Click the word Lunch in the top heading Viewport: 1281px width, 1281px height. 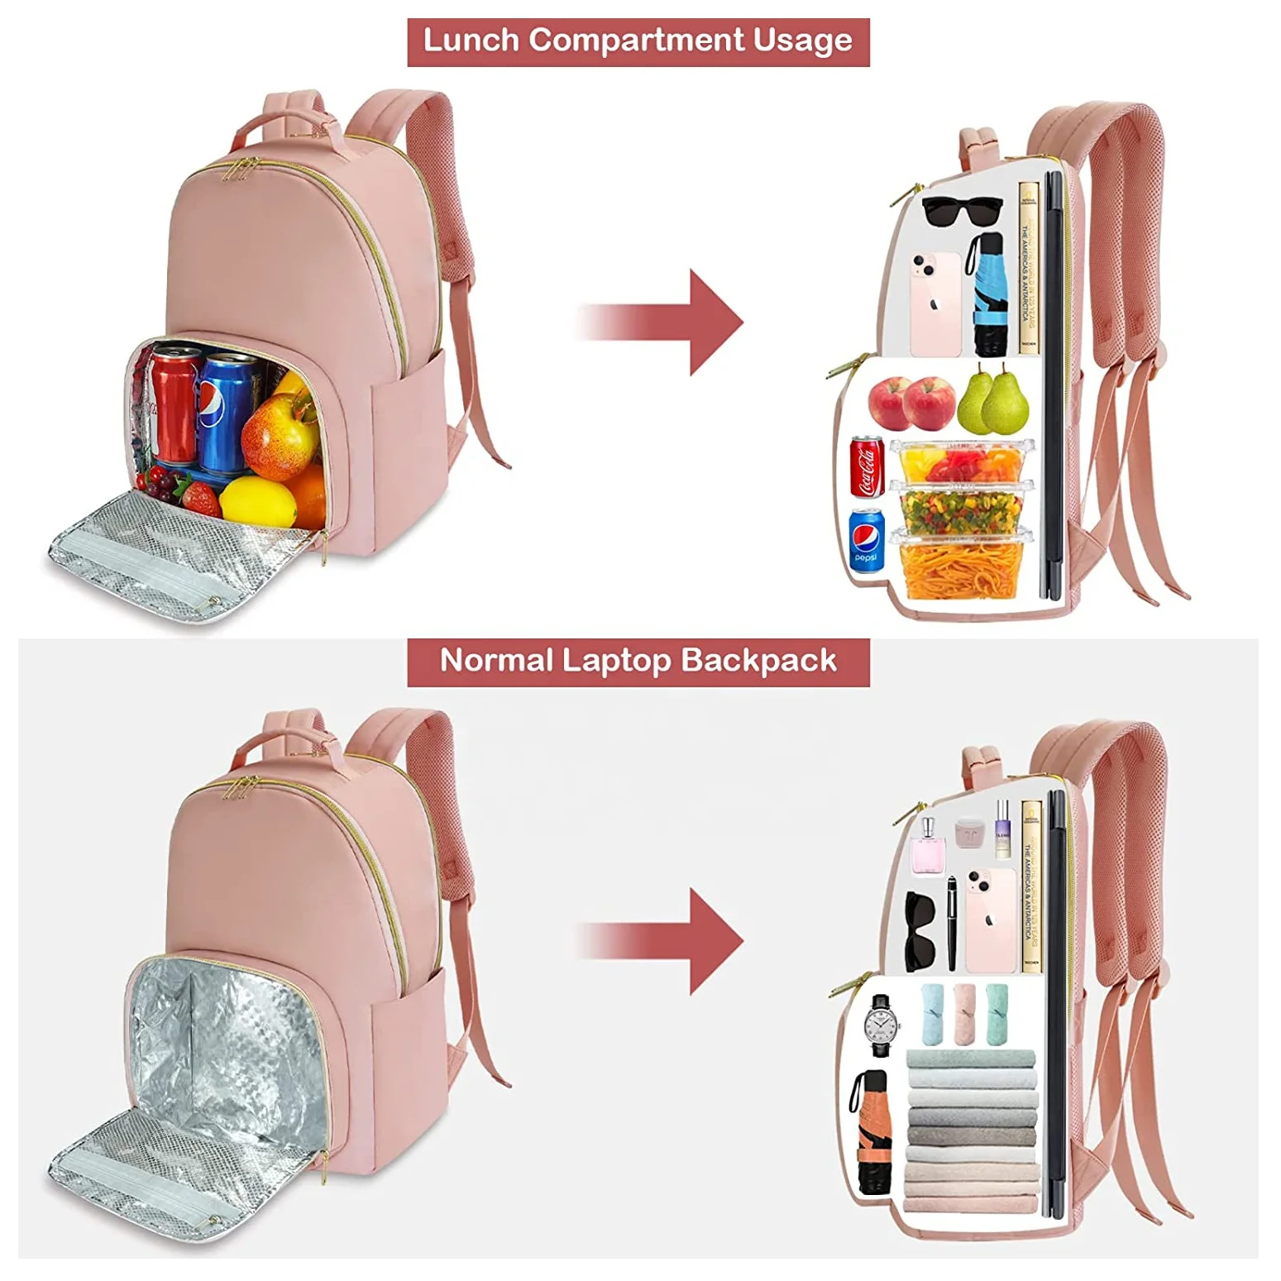(471, 41)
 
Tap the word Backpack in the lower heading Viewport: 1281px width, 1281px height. (758, 661)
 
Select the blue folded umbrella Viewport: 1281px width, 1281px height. (987, 294)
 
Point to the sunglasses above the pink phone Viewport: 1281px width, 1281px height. (961, 211)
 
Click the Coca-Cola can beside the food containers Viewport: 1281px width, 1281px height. (867, 467)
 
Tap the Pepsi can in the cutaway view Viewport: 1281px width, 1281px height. (866, 540)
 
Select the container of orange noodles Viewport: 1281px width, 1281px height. (961, 568)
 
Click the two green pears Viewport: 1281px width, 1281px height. (993, 402)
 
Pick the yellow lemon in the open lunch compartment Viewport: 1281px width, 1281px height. (258, 500)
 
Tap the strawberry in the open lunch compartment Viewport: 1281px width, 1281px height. (200, 499)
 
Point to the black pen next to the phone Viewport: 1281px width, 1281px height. (952, 923)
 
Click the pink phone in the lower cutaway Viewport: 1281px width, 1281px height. (989, 920)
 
